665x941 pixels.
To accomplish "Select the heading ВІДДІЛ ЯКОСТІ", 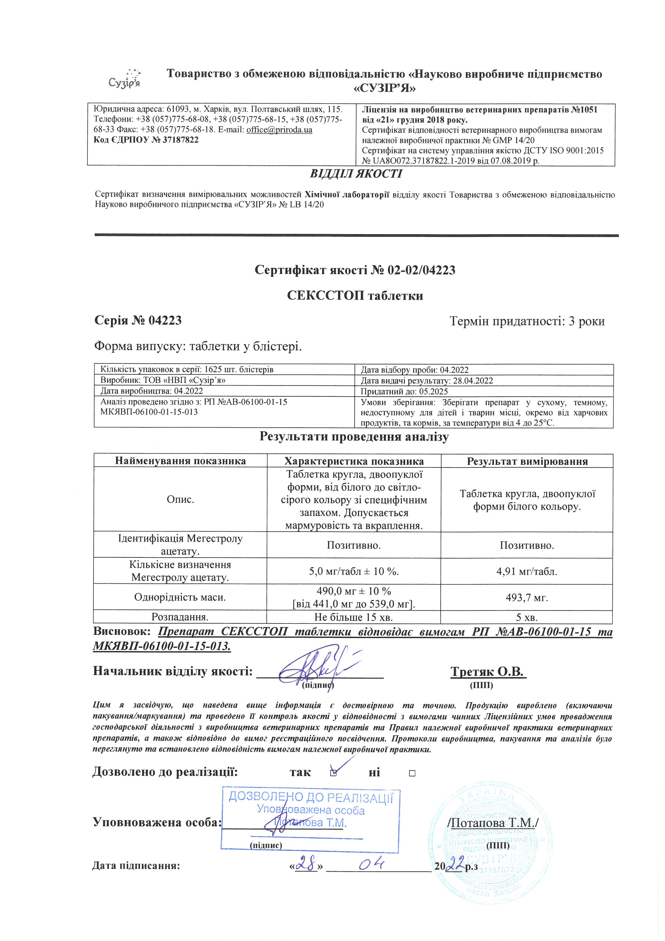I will pos(356,174).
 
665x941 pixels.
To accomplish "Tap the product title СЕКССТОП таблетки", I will pos(355,295).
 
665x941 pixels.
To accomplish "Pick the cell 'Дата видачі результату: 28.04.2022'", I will pos(427,380).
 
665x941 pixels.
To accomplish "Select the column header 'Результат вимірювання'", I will pos(527,461).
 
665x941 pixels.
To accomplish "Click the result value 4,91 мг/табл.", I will pos(527,571).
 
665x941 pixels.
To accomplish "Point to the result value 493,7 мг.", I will pos(527,598).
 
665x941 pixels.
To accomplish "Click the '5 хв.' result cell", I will pos(527,617).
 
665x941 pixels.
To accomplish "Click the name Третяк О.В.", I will pos(488,671).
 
